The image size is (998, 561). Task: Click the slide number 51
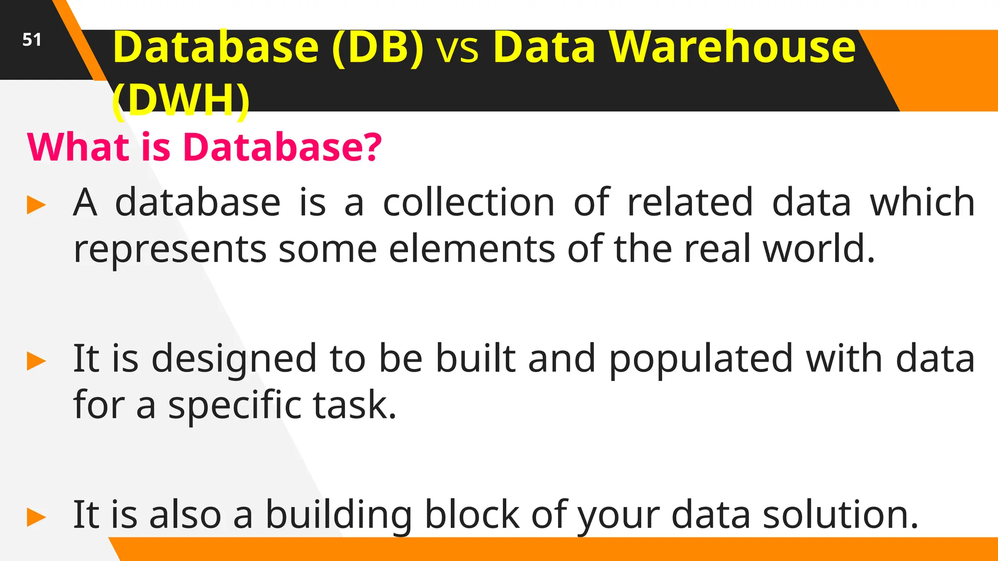coord(32,39)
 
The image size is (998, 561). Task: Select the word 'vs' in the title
coord(458,49)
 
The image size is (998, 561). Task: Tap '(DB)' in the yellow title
coord(378,47)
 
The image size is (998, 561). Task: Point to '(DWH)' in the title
coord(181,100)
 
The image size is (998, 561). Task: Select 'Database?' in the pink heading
coord(282,147)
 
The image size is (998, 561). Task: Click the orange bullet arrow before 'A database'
coord(37,205)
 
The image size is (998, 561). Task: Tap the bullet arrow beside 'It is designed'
coord(37,361)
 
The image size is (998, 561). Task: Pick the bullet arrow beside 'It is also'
coord(37,517)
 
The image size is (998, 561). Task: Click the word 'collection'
coord(469,202)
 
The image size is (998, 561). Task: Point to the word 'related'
coord(690,202)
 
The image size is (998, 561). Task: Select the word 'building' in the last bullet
coord(339,515)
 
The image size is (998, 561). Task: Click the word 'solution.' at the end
coord(841,515)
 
